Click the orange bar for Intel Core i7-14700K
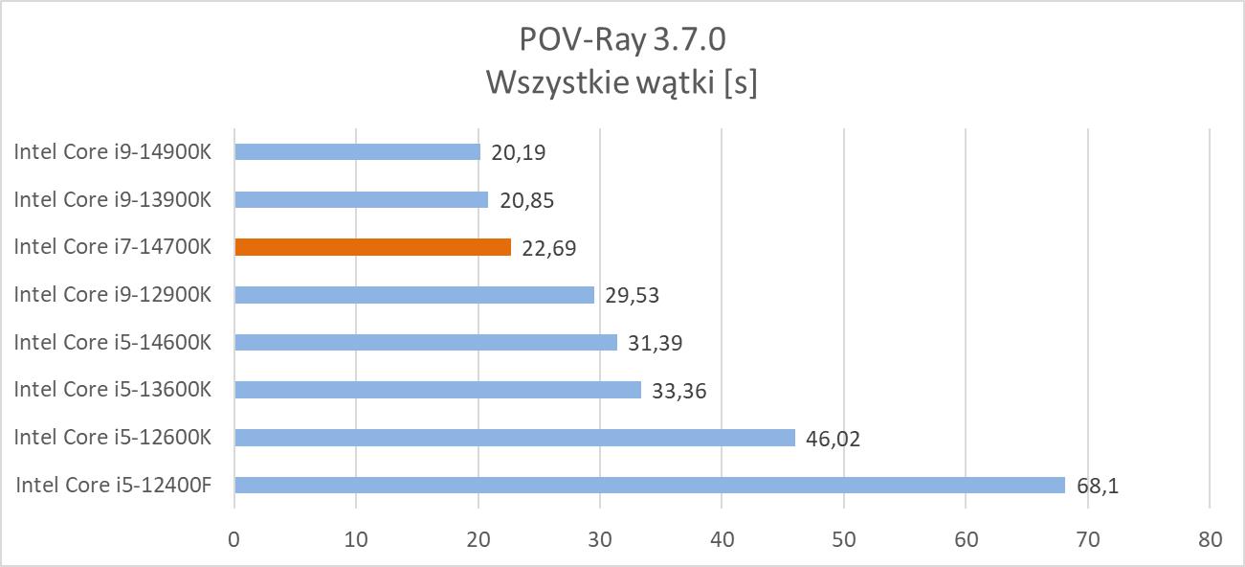point(372,247)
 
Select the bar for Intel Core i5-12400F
point(649,485)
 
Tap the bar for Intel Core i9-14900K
point(357,151)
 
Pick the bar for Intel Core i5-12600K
point(514,438)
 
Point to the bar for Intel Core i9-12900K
point(413,295)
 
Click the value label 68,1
point(1098,487)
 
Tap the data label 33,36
point(679,391)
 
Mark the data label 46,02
point(834,439)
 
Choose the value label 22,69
point(549,248)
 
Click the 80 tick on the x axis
point(1210,539)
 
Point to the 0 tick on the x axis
point(234,539)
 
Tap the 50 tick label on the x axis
point(844,539)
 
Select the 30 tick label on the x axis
point(600,539)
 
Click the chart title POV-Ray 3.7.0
point(622,40)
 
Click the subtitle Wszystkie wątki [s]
point(622,82)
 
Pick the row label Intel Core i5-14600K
point(112,342)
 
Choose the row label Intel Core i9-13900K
point(112,199)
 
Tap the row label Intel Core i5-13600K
point(112,389)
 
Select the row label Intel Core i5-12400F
point(113,485)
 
